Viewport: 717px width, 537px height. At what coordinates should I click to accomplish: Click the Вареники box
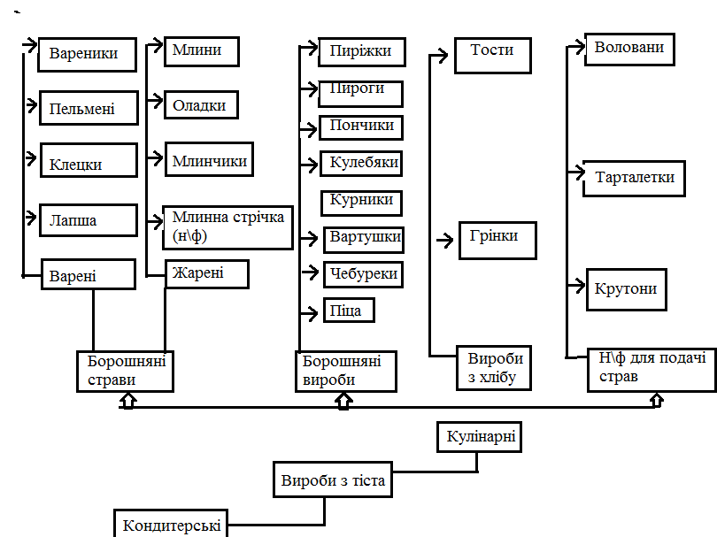coord(89,54)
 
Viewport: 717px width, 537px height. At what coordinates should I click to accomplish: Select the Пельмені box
coord(89,108)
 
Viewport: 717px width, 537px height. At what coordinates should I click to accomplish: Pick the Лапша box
coord(89,220)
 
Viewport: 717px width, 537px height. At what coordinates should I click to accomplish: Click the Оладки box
coord(201,105)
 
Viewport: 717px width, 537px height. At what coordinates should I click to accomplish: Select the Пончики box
coord(360,127)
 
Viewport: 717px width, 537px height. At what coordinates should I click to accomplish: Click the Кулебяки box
coord(363,164)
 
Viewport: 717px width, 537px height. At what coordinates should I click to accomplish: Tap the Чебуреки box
coord(363,274)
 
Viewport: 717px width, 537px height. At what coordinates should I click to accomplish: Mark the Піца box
coord(349,311)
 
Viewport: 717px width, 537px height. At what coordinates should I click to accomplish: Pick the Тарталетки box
coord(635,178)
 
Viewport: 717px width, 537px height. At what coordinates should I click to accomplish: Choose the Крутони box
coord(627,289)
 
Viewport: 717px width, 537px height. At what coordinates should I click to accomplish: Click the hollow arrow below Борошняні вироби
coord(344,402)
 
